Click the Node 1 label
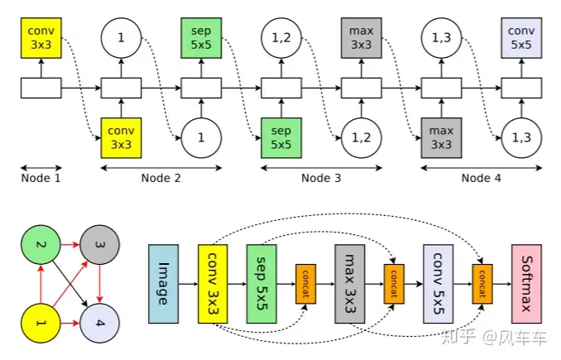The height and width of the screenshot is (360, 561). [41, 177]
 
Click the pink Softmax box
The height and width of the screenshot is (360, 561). [532, 283]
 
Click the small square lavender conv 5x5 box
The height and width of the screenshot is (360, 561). [521, 38]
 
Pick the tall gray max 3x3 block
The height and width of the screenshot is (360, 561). [351, 283]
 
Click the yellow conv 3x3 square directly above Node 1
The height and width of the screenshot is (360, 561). [41, 38]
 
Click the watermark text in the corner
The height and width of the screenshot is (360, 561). [501, 338]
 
